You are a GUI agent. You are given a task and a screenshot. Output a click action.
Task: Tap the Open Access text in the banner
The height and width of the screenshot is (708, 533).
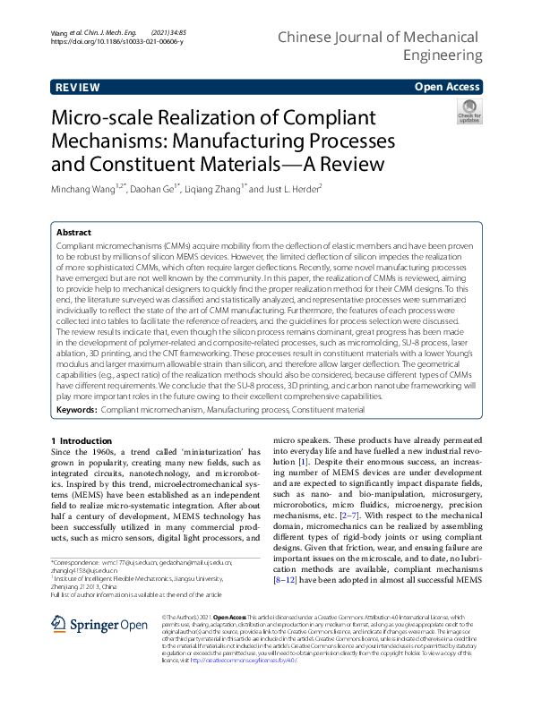tap(448, 87)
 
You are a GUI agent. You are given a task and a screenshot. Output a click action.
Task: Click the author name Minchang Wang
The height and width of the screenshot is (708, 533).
tap(86, 189)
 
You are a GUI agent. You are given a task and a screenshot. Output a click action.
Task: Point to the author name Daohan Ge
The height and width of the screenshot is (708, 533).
tap(157, 189)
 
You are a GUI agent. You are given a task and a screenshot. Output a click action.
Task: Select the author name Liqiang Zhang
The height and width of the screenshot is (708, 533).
tap(214, 189)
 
